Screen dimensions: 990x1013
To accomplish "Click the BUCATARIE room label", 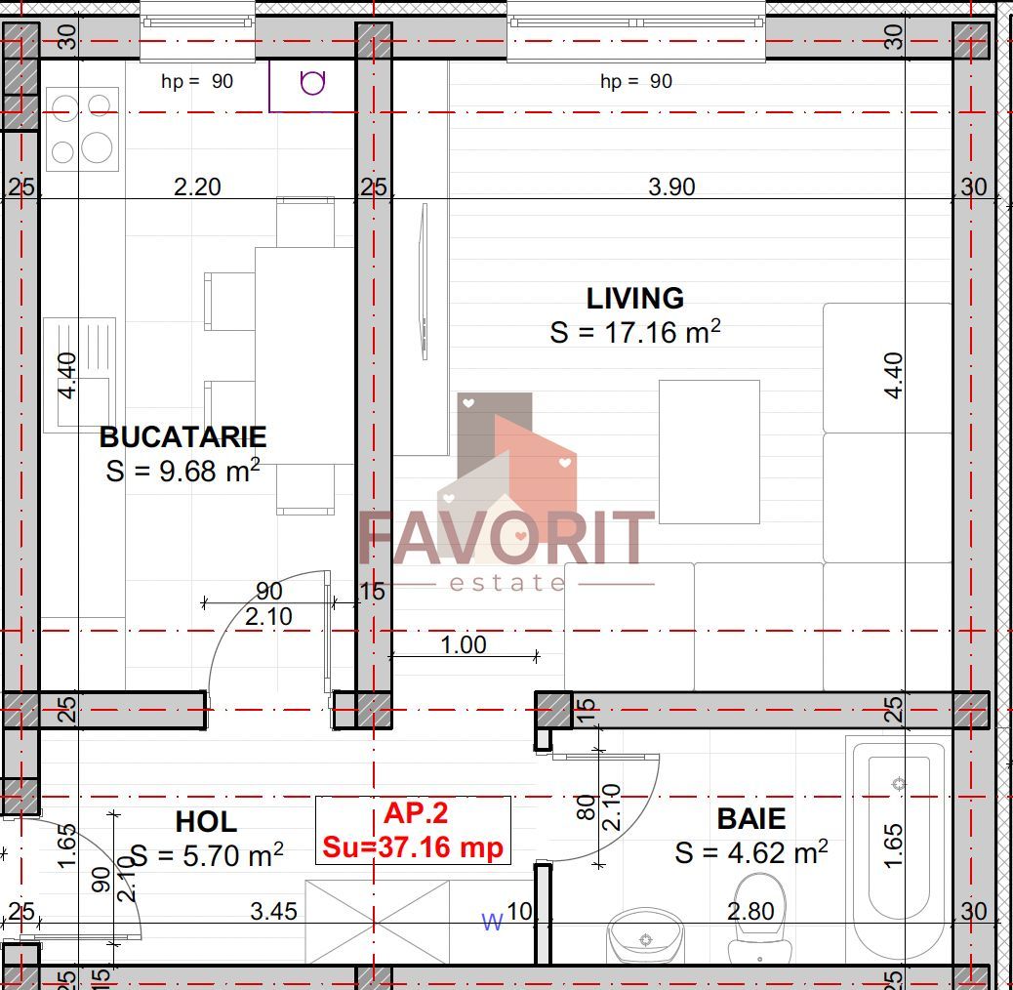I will [x=182, y=436].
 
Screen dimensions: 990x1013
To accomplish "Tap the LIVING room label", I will [x=634, y=298].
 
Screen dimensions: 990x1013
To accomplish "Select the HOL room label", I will [x=206, y=821].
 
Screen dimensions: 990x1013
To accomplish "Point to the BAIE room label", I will [x=750, y=818].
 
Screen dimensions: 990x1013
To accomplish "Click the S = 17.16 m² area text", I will [x=634, y=332].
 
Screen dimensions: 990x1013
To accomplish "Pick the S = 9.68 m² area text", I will [x=182, y=471].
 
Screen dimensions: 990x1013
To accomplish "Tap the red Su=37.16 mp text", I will [x=413, y=846].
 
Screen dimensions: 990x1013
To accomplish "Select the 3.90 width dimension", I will [x=671, y=186].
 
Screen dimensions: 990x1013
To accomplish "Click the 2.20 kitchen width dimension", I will [x=197, y=186].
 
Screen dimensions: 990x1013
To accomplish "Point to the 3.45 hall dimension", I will [x=273, y=912].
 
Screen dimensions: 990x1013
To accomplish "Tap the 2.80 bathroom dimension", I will [x=750, y=912].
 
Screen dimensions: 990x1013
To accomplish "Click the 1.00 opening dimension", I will [x=463, y=644].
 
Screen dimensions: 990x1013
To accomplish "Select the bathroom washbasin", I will [x=645, y=938].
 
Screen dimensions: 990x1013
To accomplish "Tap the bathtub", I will [x=898, y=849].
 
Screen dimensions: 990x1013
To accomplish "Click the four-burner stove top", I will [x=82, y=129].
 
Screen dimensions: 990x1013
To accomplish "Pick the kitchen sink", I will [x=80, y=373].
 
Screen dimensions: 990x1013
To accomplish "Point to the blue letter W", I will [x=493, y=922].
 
